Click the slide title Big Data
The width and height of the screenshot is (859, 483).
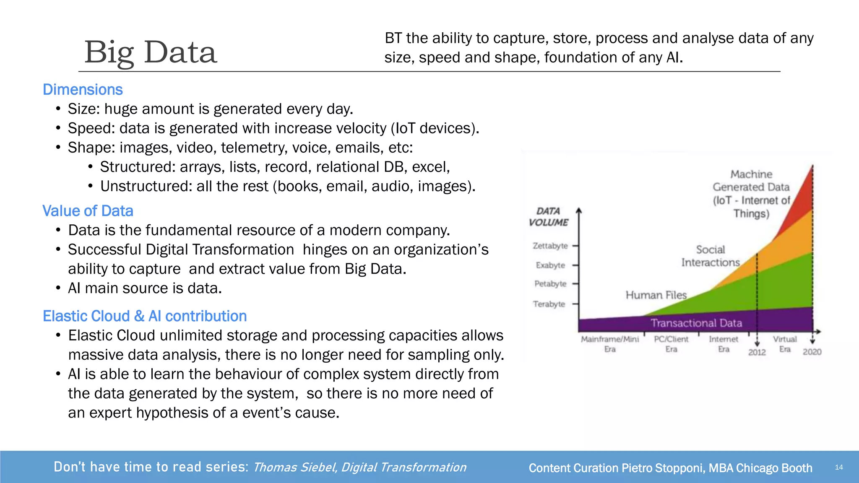[x=151, y=52]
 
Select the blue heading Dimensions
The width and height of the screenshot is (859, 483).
[x=83, y=90]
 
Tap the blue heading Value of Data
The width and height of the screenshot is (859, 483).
[x=88, y=211]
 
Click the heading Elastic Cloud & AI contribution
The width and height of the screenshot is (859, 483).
[x=145, y=316]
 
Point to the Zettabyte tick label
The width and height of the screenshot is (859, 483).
[x=550, y=246]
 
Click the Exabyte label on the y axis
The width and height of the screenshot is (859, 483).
[x=550, y=265]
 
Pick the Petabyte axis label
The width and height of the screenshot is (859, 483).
[x=550, y=284]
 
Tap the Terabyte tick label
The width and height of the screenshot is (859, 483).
[x=549, y=304]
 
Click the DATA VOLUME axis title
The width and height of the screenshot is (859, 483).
[x=548, y=217]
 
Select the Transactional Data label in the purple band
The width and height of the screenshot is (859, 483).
[x=696, y=323]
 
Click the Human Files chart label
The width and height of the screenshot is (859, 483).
[x=656, y=295]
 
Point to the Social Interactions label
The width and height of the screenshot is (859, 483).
[x=710, y=256]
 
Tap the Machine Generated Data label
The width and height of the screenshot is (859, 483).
[x=751, y=194]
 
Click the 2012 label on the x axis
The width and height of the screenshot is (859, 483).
[x=757, y=352]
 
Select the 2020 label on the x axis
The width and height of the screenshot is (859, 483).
[x=812, y=352]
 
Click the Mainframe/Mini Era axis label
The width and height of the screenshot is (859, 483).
[x=610, y=344]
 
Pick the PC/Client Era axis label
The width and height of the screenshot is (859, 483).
[x=671, y=344]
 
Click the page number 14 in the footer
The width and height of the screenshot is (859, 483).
[x=838, y=467]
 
